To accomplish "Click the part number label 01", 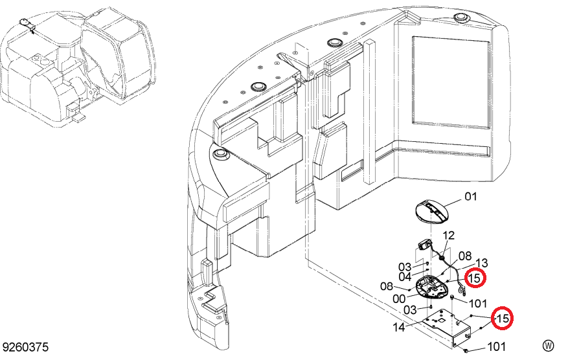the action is pyautogui.click(x=470, y=196).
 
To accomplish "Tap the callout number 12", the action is pyautogui.click(x=448, y=236).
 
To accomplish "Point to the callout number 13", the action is pyautogui.click(x=481, y=263).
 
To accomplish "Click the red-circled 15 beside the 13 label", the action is pyautogui.click(x=475, y=278).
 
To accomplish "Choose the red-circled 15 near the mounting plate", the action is pyautogui.click(x=503, y=318).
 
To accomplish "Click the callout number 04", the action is pyautogui.click(x=405, y=276).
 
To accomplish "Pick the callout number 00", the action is pyautogui.click(x=399, y=298).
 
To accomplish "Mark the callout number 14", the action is pyautogui.click(x=399, y=327).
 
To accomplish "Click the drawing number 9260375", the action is pyautogui.click(x=25, y=348).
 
